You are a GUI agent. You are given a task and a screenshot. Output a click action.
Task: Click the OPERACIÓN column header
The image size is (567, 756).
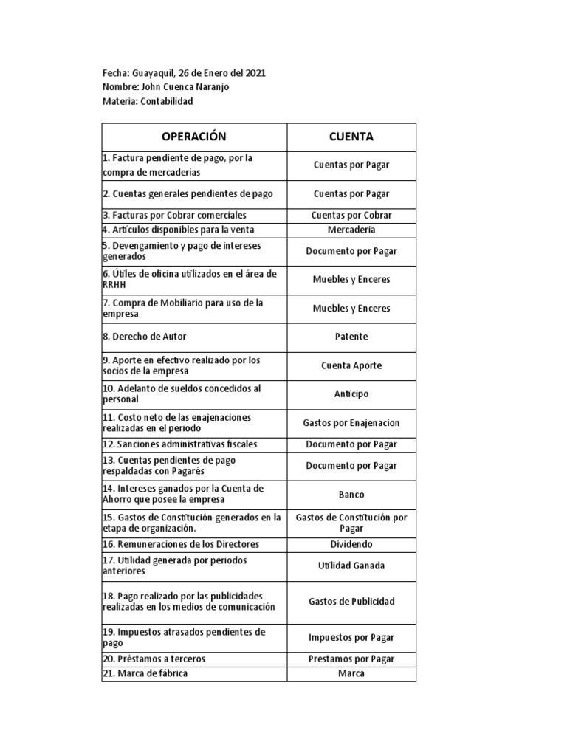click(x=193, y=137)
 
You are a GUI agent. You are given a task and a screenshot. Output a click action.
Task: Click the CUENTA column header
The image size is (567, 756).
click(x=351, y=137)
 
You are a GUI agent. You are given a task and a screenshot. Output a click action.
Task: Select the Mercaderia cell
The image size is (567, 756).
click(x=351, y=230)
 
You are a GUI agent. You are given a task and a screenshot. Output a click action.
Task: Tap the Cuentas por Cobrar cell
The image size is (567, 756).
click(x=351, y=216)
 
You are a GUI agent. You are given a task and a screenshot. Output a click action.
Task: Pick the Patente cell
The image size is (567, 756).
click(x=351, y=337)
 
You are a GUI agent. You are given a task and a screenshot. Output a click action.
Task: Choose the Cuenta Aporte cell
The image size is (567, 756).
click(x=351, y=365)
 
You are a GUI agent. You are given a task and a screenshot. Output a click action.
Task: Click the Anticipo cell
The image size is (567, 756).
click(x=351, y=394)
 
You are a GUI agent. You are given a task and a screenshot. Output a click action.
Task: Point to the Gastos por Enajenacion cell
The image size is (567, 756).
click(x=351, y=423)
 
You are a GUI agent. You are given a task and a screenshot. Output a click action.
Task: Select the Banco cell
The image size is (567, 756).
click(x=351, y=495)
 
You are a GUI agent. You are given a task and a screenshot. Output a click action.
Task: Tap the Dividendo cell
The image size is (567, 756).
click(x=351, y=544)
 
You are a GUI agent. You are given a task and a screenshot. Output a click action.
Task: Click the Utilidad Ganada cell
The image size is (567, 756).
click(x=351, y=566)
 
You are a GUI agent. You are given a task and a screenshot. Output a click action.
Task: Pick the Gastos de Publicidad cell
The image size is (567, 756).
click(x=351, y=601)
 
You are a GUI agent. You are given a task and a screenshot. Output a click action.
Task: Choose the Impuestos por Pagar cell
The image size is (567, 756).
click(x=351, y=637)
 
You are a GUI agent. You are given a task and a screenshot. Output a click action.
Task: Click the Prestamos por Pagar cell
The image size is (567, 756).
click(x=351, y=659)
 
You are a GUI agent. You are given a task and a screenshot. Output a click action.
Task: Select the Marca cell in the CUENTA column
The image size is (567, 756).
click(x=351, y=673)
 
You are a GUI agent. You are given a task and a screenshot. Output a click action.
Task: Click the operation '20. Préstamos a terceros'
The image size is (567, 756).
click(x=154, y=659)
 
